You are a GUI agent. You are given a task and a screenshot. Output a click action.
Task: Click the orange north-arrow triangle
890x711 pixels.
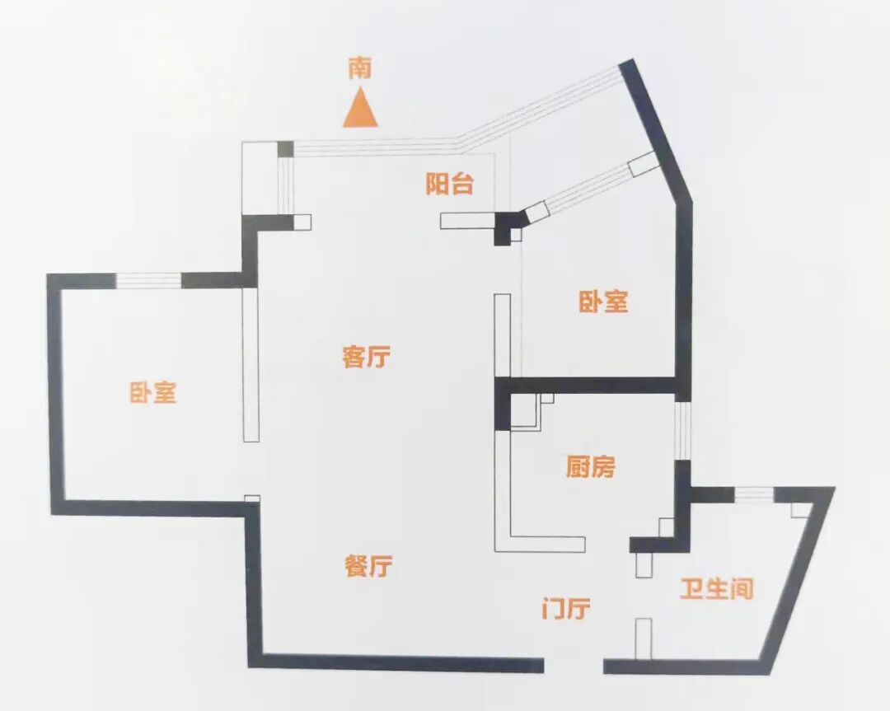(x=360, y=112)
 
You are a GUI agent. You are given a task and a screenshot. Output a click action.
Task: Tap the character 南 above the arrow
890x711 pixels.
(x=359, y=68)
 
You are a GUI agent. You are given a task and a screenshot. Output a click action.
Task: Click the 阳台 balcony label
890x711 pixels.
(x=450, y=185)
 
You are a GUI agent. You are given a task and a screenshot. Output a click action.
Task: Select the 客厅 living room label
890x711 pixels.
(x=366, y=357)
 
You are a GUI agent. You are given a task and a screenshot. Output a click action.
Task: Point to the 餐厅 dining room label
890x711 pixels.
(x=368, y=566)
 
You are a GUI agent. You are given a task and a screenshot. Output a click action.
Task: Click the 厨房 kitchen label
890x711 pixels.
(x=591, y=468)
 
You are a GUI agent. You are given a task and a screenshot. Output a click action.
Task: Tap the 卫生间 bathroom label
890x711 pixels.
(x=717, y=589)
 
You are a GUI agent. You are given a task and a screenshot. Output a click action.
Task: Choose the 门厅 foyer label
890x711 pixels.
(x=566, y=610)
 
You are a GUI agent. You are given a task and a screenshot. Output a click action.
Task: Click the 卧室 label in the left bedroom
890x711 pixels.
(x=153, y=392)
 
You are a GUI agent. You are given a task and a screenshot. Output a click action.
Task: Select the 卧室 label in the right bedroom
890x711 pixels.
(x=603, y=302)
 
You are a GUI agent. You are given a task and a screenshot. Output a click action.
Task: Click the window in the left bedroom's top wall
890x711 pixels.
(x=148, y=281)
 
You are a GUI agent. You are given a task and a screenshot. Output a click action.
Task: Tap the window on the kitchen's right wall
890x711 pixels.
(x=682, y=429)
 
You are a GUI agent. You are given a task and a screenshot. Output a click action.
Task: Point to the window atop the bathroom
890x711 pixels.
(x=753, y=494)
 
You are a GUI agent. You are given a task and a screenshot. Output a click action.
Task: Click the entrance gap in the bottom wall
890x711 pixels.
(x=574, y=664)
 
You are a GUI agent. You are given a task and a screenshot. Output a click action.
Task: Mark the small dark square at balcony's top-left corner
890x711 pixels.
(x=285, y=149)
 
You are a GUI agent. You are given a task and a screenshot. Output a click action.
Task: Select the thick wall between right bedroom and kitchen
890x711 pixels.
(x=593, y=385)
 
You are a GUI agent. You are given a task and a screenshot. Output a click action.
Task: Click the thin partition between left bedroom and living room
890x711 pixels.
(x=251, y=363)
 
